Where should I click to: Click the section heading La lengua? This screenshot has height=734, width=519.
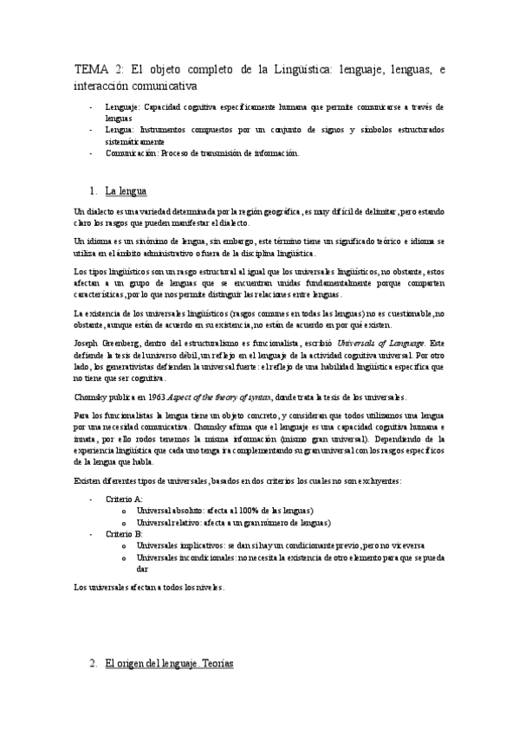pos(126,190)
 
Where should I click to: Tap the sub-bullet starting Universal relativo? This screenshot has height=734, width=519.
pos(234,523)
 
